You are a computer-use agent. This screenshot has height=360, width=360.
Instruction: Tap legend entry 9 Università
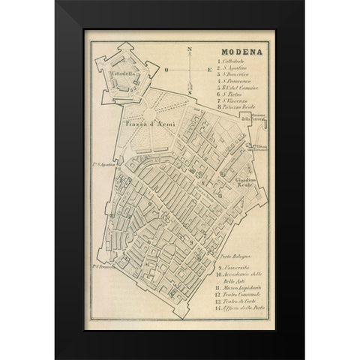(x=238, y=268)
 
